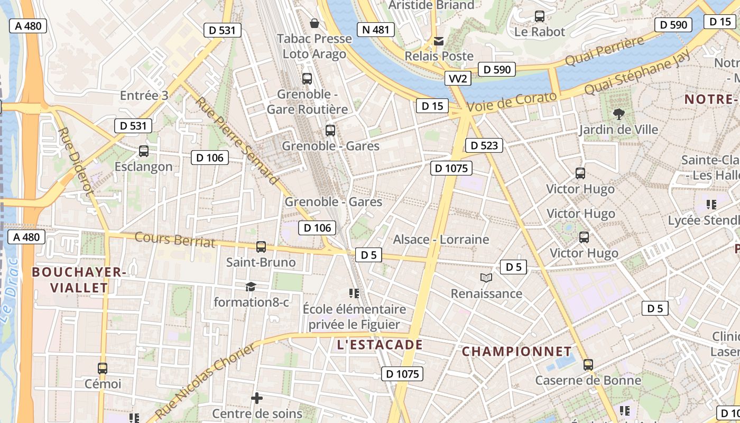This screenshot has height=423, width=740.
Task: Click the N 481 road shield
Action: tap(376, 30)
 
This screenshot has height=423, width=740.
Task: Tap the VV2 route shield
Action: tap(457, 79)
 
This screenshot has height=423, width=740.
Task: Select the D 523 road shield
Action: tap(484, 145)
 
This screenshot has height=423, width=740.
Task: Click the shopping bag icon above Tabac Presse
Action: tap(314, 23)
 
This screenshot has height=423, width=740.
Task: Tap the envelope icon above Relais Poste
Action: tap(439, 41)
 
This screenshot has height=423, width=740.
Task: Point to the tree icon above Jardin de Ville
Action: tap(618, 114)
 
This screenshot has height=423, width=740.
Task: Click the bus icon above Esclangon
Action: tap(143, 151)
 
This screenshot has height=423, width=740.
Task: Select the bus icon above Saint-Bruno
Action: tap(261, 247)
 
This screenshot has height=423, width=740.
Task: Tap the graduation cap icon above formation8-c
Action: tap(251, 287)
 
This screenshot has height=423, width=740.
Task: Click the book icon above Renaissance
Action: tap(486, 278)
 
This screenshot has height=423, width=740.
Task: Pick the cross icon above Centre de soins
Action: tap(257, 398)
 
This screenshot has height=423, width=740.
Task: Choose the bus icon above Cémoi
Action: tap(103, 369)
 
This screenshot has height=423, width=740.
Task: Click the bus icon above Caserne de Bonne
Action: tap(588, 364)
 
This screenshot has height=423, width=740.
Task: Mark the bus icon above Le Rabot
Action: tap(540, 16)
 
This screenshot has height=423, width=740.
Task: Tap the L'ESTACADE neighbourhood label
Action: tap(380, 345)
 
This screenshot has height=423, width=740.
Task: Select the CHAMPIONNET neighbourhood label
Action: tap(516, 352)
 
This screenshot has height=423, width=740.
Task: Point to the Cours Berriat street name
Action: tap(175, 240)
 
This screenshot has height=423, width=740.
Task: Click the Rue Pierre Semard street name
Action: tap(237, 140)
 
